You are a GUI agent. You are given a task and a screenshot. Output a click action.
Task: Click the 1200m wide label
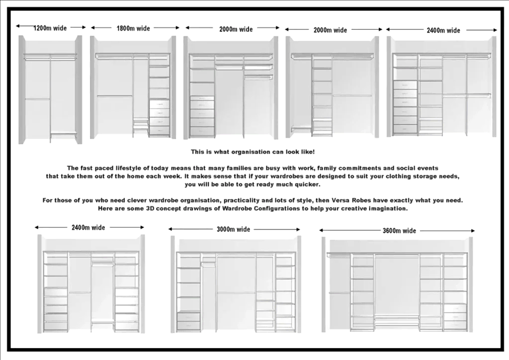pyautogui.click(x=50, y=28)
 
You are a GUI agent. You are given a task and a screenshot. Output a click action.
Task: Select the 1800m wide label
pyautogui.click(x=133, y=28)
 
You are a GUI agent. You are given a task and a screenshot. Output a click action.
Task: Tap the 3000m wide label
pyautogui.click(x=234, y=229)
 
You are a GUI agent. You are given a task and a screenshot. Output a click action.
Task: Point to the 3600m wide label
pyautogui.click(x=400, y=231)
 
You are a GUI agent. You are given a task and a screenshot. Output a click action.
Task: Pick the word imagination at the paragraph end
pyautogui.click(x=387, y=209)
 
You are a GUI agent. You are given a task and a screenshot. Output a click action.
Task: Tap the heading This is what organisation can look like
pyautogui.click(x=253, y=152)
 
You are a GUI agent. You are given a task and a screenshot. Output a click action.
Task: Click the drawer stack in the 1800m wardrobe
pyautogui.click(x=159, y=117)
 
